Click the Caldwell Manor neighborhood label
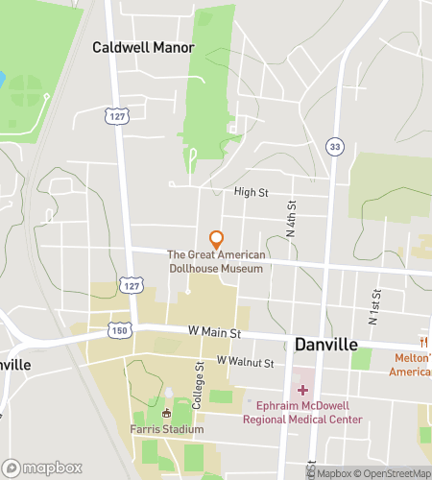point(143,46)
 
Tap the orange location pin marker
point(217,238)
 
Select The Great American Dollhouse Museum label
point(215,261)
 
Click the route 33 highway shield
point(333,146)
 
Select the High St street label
point(251,192)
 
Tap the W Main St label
point(213,332)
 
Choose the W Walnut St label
point(246,362)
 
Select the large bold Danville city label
point(326,343)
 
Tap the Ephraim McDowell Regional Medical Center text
point(304,411)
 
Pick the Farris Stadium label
point(165,429)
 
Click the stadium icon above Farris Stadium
point(166,413)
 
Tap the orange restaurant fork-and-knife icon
point(421,343)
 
